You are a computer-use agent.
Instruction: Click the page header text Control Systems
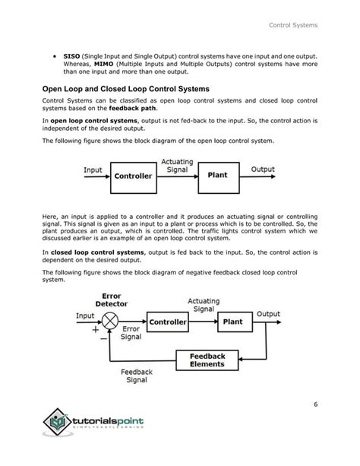tap(293, 27)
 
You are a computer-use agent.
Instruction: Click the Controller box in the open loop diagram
tap(133, 176)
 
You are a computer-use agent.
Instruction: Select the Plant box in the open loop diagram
tap(217, 175)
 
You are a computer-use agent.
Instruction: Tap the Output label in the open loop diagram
tap(263, 170)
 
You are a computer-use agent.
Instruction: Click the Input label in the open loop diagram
tap(93, 170)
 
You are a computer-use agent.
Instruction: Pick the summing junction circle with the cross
tap(111, 322)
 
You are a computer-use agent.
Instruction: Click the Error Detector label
tap(111, 300)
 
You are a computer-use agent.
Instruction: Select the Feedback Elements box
tap(207, 360)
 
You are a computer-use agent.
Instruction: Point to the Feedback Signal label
tap(136, 376)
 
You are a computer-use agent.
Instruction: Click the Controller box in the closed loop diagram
tap(168, 322)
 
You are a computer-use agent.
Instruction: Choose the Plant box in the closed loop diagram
tap(232, 321)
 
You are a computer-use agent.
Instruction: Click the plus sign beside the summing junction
tap(95, 331)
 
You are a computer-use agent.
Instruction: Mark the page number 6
tap(314, 404)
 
